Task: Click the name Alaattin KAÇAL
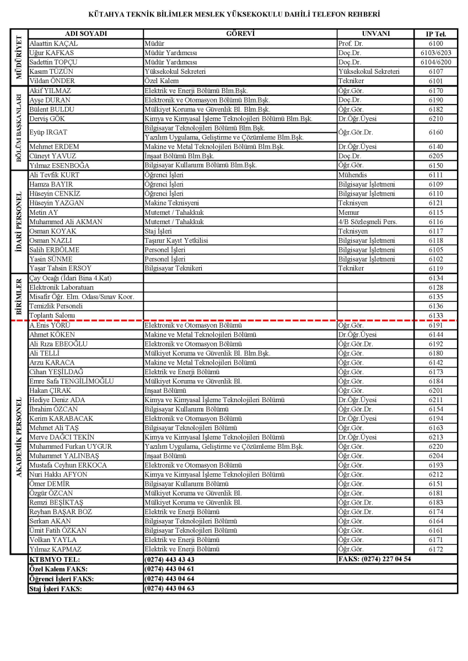(x=53, y=43)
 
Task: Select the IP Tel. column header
(x=435, y=34)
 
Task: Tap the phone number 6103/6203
(x=435, y=52)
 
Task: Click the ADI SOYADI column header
(x=85, y=34)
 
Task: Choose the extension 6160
(x=435, y=133)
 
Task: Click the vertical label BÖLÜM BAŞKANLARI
(x=19, y=128)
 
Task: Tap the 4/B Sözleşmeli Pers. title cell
(x=368, y=222)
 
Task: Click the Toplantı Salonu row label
(x=52, y=316)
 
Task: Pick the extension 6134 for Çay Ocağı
(x=435, y=278)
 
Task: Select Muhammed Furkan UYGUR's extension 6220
(x=435, y=447)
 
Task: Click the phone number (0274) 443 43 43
(x=169, y=559)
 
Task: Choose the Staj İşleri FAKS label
(x=55, y=589)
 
